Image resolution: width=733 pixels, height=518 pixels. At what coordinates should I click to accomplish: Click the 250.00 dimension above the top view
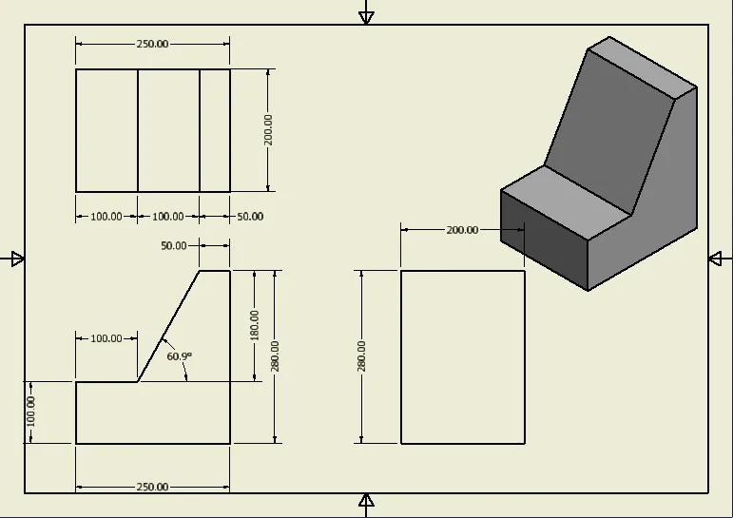(152, 44)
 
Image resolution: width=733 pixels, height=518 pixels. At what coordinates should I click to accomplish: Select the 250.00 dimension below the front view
(152, 488)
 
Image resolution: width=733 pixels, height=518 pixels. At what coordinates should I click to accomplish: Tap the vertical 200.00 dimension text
(268, 130)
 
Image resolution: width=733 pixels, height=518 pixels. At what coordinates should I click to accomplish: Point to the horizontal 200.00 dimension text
(462, 230)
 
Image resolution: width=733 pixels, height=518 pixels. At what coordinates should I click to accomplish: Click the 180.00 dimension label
(254, 325)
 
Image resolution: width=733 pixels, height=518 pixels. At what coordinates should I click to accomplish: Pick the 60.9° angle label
(179, 356)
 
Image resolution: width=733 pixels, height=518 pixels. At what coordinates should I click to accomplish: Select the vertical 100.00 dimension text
(30, 412)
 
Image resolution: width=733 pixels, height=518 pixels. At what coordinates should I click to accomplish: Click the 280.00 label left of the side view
(361, 356)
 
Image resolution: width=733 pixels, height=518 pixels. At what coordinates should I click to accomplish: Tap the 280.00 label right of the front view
(275, 356)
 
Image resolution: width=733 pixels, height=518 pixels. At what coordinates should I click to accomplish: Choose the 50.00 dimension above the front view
(173, 246)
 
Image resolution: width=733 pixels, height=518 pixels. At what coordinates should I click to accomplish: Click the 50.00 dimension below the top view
(250, 217)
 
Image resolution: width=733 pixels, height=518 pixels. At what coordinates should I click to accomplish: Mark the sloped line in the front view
(169, 326)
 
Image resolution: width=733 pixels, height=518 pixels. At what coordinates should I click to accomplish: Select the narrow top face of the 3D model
(643, 67)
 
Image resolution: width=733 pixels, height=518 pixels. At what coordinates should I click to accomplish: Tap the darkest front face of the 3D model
(544, 240)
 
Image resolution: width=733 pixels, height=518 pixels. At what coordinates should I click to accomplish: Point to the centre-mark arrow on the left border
(17, 259)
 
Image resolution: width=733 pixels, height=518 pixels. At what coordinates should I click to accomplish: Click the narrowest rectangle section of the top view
(215, 130)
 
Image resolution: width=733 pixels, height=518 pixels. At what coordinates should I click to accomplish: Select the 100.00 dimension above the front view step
(106, 338)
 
